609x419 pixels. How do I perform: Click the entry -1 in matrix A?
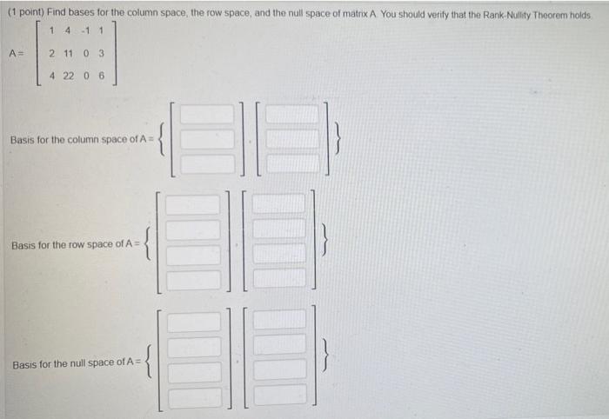(85, 32)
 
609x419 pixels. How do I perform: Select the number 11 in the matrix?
(70, 54)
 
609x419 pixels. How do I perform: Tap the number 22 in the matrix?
(70, 76)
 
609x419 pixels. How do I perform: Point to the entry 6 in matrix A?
(102, 76)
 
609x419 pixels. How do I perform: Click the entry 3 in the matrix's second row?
(102, 54)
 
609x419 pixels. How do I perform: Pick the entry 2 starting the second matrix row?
(52, 54)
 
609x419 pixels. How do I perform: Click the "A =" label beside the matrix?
(15, 54)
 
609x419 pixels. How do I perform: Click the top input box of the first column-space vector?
(207, 114)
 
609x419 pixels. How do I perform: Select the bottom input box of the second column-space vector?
(293, 163)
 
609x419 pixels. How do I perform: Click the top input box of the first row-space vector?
(193, 205)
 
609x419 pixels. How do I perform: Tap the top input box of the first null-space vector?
(195, 322)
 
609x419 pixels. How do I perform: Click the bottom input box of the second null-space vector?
(279, 396)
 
